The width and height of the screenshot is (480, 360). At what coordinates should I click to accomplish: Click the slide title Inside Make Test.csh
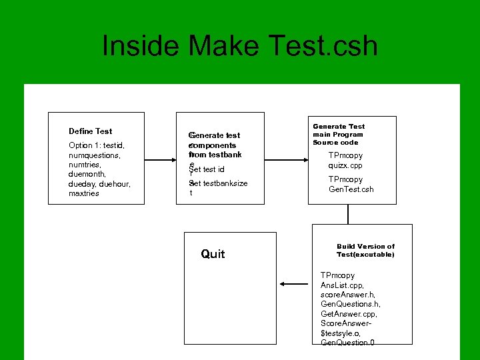tap(240, 47)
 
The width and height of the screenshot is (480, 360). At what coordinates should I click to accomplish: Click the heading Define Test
tap(91, 131)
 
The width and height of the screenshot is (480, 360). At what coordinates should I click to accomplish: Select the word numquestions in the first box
tap(94, 155)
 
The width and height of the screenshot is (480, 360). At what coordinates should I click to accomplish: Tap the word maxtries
tap(84, 194)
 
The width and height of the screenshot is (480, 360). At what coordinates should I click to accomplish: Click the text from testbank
tap(215, 155)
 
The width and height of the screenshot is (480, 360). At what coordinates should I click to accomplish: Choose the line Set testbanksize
tap(219, 183)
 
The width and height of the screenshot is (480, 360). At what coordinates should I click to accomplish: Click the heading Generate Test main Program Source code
tap(339, 134)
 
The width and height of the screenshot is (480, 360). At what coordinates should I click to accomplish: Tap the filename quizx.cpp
tap(345, 166)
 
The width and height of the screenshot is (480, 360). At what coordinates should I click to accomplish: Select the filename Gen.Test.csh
tap(351, 189)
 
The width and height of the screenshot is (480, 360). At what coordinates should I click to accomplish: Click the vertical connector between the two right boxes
tap(347, 214)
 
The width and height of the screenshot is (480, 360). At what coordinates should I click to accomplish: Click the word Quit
tap(213, 254)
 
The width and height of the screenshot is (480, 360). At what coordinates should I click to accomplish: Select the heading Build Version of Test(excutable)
tap(365, 250)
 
